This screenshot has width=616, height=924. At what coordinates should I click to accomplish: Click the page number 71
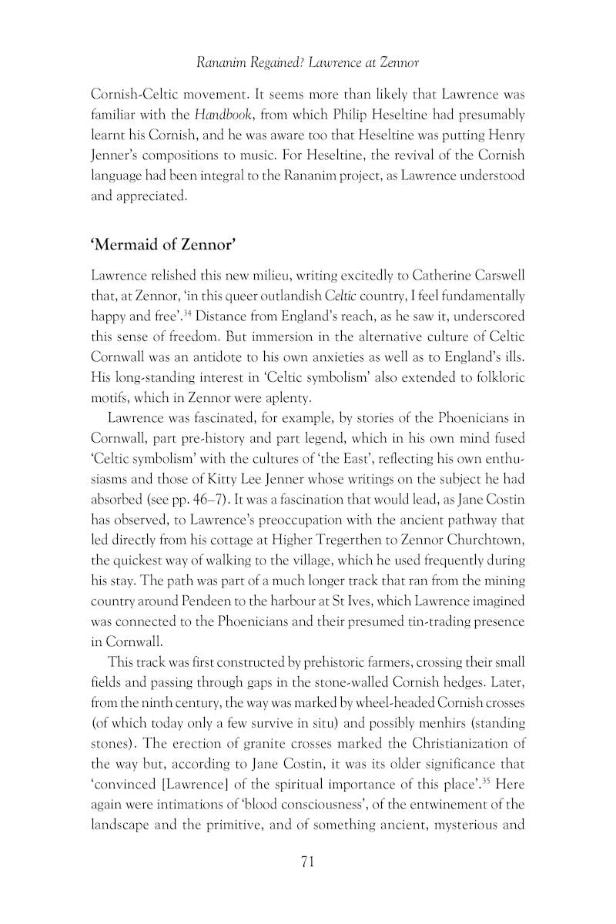click(307, 862)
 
